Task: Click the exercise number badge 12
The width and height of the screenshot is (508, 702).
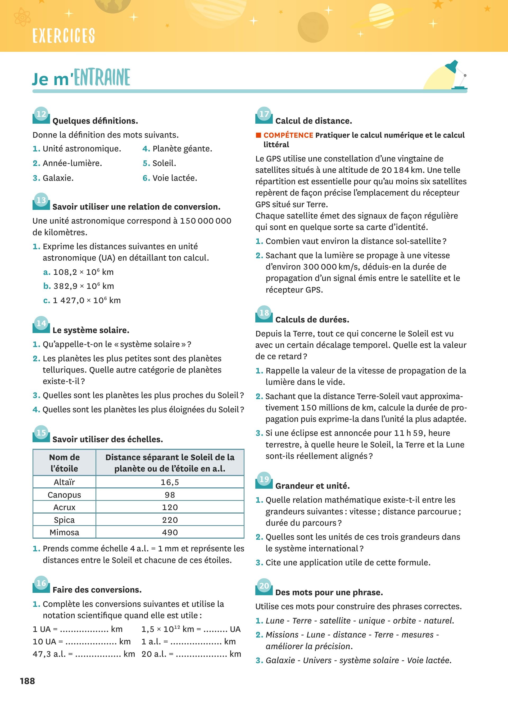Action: (x=41, y=114)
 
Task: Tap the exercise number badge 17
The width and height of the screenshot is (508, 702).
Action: (x=264, y=114)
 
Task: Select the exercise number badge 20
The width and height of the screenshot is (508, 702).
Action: (x=264, y=586)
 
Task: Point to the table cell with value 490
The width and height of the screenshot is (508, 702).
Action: (x=170, y=532)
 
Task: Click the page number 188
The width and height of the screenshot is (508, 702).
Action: (x=27, y=681)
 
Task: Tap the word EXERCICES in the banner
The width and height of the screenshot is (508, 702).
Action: (x=63, y=35)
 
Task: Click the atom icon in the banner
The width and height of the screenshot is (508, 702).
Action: (x=22, y=17)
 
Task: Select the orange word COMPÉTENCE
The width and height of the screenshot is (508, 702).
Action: (x=288, y=135)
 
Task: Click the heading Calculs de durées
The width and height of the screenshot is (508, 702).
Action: (x=312, y=320)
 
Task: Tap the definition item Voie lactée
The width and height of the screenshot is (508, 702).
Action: (x=175, y=178)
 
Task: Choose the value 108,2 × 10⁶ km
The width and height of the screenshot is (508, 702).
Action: (x=83, y=272)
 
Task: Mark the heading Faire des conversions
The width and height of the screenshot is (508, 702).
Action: (x=97, y=590)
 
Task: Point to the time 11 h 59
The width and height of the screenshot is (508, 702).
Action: (x=409, y=433)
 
